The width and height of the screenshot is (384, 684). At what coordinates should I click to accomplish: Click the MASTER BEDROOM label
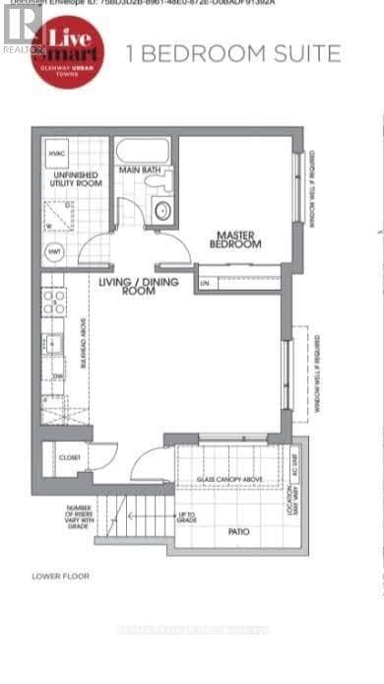coord(237,239)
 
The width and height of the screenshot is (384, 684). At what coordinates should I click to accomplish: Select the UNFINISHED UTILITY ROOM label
coord(70,179)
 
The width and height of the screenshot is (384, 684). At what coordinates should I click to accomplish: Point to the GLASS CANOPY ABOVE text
coord(229,479)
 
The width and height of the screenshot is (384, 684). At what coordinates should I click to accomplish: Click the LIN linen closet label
coord(205,284)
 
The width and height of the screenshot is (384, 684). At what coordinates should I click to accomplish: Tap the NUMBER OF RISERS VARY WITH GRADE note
coord(82,517)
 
